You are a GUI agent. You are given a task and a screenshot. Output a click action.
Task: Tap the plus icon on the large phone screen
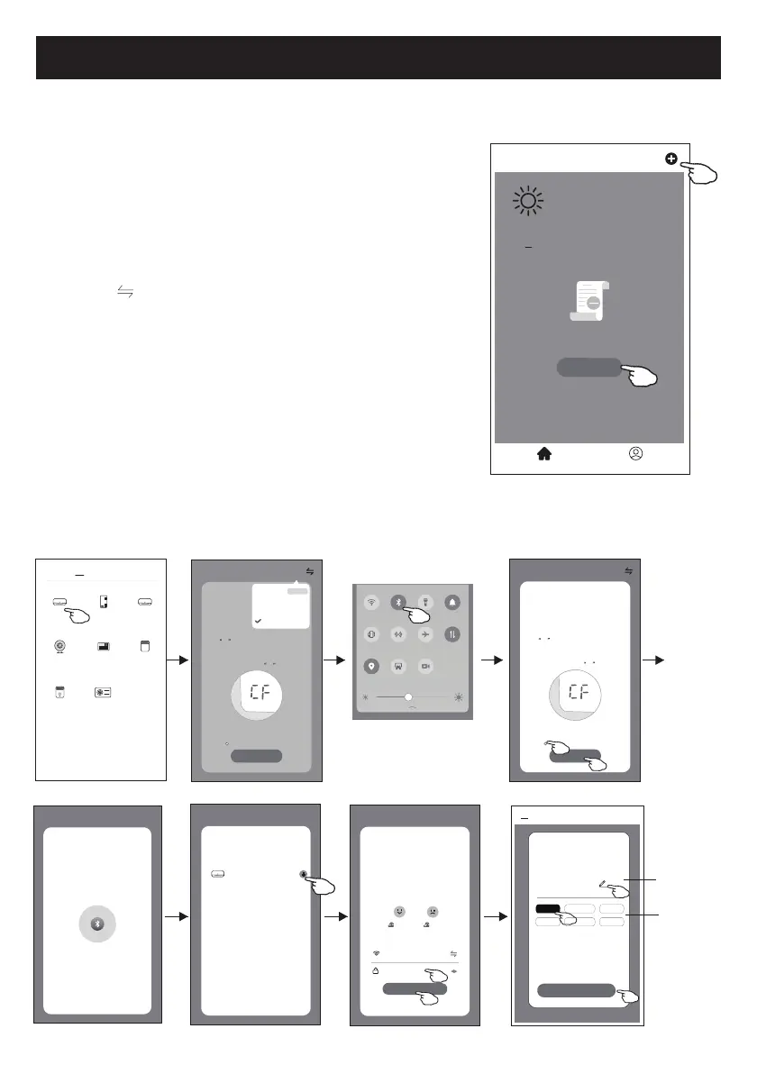tap(670, 159)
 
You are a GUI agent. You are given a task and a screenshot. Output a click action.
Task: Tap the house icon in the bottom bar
tap(544, 455)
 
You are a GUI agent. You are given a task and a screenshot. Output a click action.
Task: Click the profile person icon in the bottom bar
tap(636, 455)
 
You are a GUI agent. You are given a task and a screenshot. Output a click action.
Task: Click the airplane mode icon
tap(425, 633)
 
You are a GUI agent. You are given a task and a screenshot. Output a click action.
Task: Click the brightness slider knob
tap(408, 696)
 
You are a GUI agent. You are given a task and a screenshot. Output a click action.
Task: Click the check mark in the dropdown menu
tap(259, 621)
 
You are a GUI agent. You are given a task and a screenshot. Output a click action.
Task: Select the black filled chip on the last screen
tap(548, 909)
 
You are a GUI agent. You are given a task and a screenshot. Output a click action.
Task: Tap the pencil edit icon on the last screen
tap(602, 885)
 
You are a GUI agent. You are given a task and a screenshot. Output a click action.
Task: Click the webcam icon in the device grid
tap(59, 646)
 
